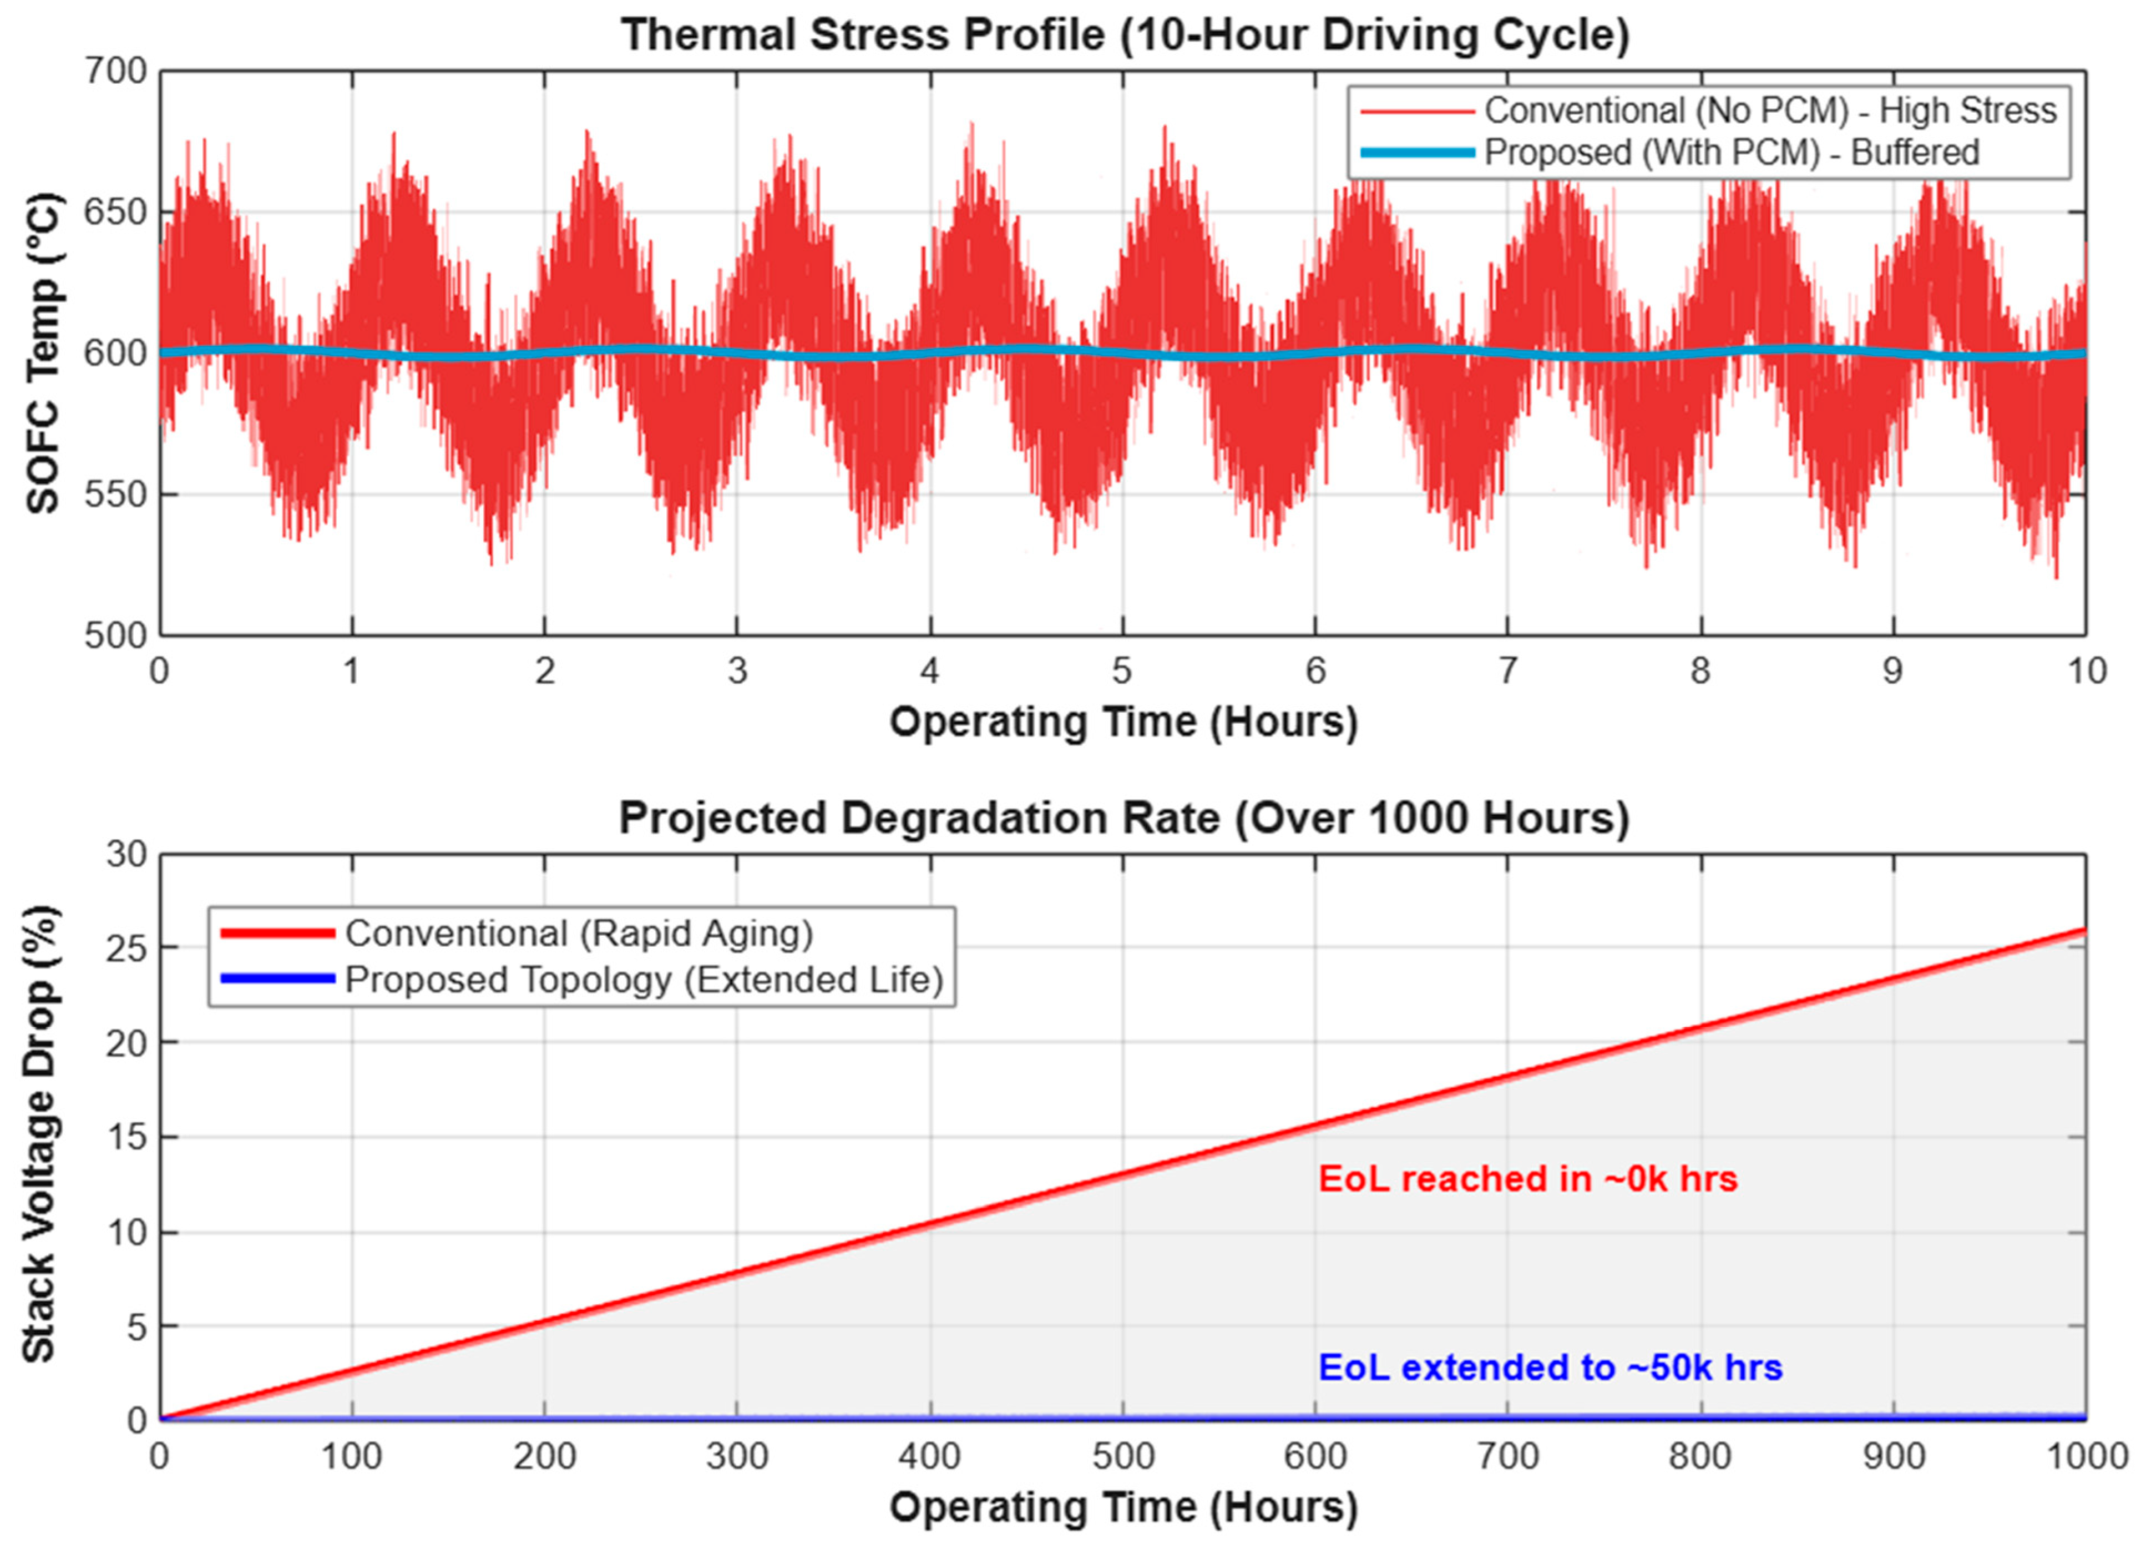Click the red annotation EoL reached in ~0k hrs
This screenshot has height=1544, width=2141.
point(1527,1179)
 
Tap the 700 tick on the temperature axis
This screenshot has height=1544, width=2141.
point(115,71)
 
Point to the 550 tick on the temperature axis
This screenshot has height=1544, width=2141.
point(115,495)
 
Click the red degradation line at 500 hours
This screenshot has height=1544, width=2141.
point(1123,1175)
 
